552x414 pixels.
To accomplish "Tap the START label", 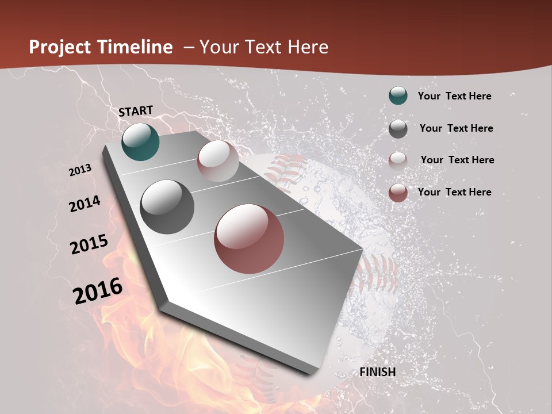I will click(136, 111).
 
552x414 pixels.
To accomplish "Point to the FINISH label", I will click(378, 372).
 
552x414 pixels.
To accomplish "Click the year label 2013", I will click(80, 170).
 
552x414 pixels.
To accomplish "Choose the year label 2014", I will click(85, 204).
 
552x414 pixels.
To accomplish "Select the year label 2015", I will click(89, 244).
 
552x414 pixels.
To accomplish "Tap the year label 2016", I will click(98, 290).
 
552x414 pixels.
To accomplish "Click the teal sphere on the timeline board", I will click(140, 142).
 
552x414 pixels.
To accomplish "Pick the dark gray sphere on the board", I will click(167, 207).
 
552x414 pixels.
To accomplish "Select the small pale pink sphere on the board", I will click(218, 161).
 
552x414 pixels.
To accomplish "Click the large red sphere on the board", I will click(249, 239).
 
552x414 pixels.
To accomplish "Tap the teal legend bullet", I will click(398, 95).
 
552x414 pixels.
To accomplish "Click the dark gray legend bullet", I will click(398, 128).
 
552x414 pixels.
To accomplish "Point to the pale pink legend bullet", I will click(398, 160).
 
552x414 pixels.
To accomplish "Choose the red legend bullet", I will click(398, 193).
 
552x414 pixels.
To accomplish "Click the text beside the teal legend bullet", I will click(454, 96).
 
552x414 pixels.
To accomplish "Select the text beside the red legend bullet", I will click(454, 192).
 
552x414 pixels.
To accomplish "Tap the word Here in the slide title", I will click(308, 47).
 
